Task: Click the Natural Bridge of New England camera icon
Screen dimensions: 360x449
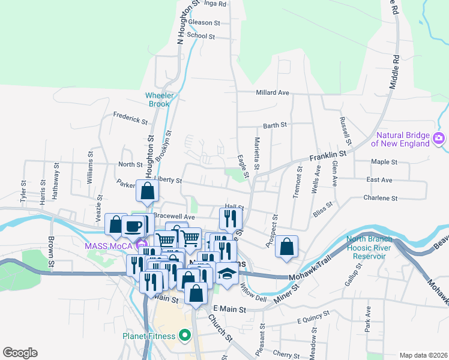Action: pyautogui.click(x=439, y=139)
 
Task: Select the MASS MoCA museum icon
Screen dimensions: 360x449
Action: pyautogui.click(x=142, y=245)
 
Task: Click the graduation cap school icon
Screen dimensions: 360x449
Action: pyautogui.click(x=226, y=274)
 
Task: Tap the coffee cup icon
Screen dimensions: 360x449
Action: pyautogui.click(x=133, y=226)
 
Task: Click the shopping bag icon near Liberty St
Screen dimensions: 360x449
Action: pyautogui.click(x=147, y=191)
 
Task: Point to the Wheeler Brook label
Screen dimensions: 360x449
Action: pyautogui.click(x=158, y=99)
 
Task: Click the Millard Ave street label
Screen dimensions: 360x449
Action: pyautogui.click(x=273, y=92)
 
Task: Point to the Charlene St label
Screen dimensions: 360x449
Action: pyautogui.click(x=381, y=197)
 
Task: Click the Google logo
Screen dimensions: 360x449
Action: pyautogui.click(x=20, y=353)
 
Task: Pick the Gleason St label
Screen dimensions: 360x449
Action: pyautogui.click(x=204, y=22)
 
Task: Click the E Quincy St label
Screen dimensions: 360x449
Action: pyautogui.click(x=315, y=321)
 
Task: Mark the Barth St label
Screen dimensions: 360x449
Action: pyautogui.click(x=275, y=125)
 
